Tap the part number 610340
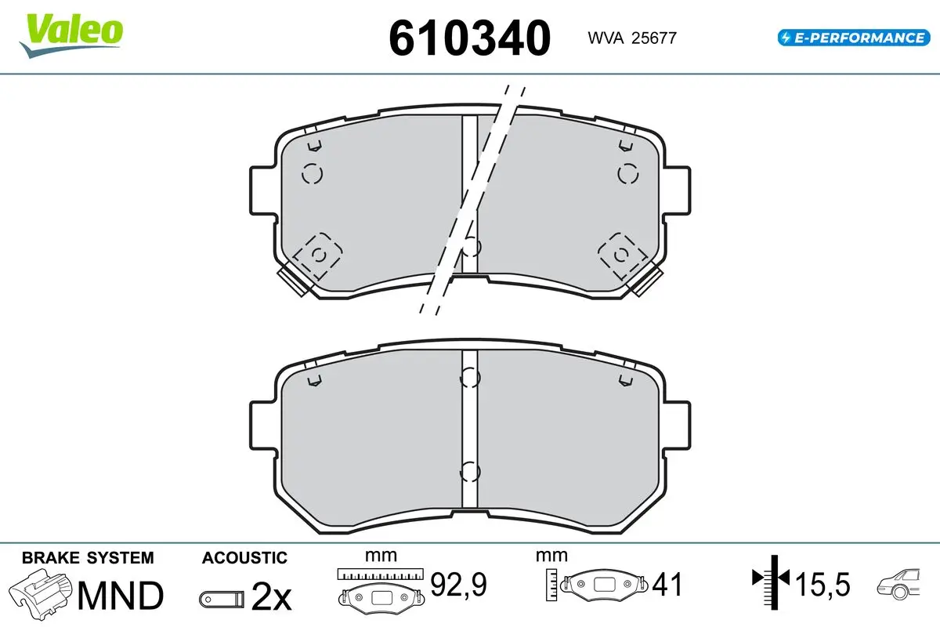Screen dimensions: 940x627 (469, 38)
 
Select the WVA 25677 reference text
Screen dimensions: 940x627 (632, 38)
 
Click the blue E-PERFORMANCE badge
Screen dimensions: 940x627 (854, 38)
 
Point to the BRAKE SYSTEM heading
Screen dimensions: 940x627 (88, 558)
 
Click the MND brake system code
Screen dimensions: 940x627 (121, 596)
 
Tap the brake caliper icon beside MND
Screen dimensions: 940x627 (40, 594)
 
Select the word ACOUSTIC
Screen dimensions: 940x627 (244, 558)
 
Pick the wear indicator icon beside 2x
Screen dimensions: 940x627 (222, 600)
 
